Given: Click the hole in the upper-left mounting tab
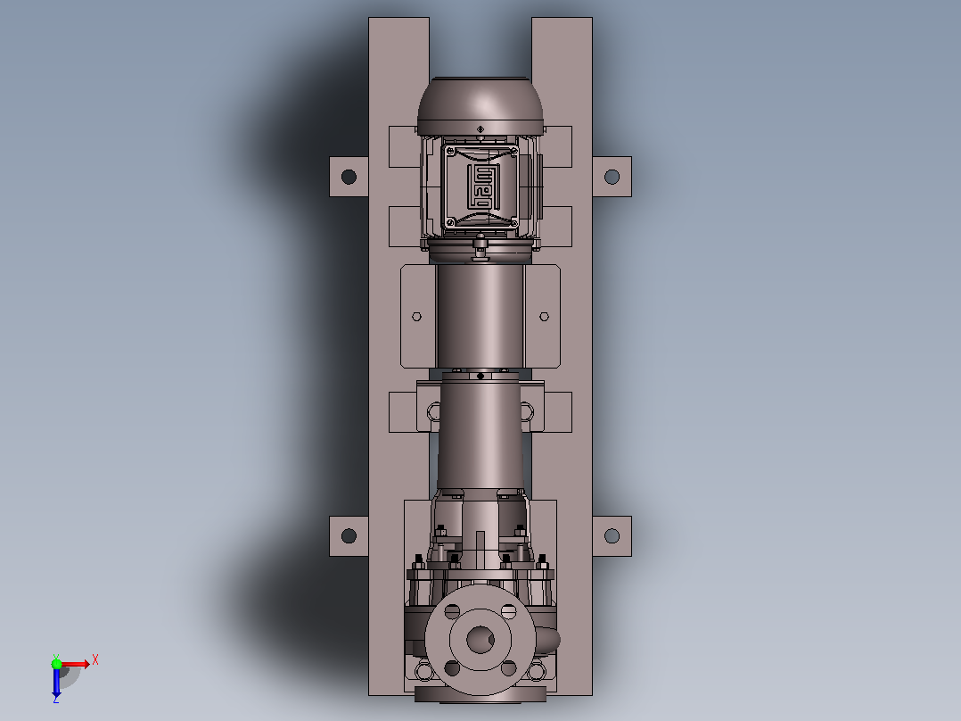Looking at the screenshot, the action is point(349,177).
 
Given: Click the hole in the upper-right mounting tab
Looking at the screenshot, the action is point(612,177).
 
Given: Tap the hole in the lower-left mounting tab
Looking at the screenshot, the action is point(349,535).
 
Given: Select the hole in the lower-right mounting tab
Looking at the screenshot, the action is point(612,535).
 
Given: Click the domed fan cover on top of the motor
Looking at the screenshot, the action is point(480,105).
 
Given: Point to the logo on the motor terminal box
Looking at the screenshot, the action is point(480,186).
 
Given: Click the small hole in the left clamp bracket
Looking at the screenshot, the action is point(417,317).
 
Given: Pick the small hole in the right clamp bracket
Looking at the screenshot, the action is point(544,317).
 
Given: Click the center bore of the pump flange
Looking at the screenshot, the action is point(480,640).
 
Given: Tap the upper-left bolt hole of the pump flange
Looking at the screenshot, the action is point(452,611).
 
